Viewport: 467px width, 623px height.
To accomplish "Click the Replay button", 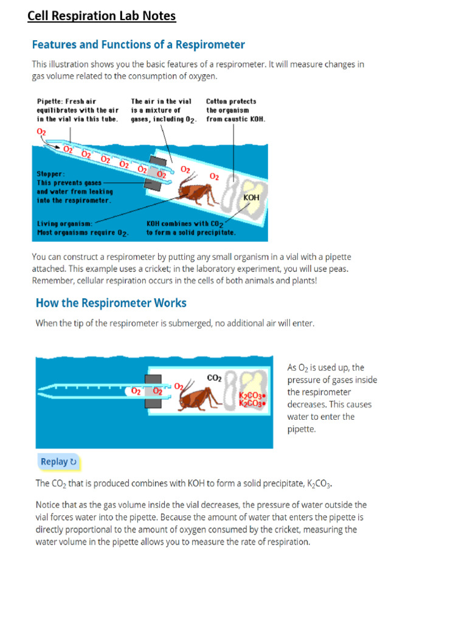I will click(x=58, y=462).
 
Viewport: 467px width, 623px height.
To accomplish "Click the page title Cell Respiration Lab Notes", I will click(x=102, y=16).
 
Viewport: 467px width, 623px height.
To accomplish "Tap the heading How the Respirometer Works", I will click(x=111, y=303).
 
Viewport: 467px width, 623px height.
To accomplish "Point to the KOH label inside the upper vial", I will click(x=251, y=198).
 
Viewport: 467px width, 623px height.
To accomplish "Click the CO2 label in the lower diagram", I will click(x=214, y=378).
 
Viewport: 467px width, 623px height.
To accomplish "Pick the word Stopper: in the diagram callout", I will click(x=51, y=173).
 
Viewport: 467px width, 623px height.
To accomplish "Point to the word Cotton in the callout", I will click(x=218, y=102).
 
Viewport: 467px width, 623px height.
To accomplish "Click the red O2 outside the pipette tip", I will click(x=41, y=131).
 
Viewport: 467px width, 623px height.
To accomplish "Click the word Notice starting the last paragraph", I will click(x=49, y=505).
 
